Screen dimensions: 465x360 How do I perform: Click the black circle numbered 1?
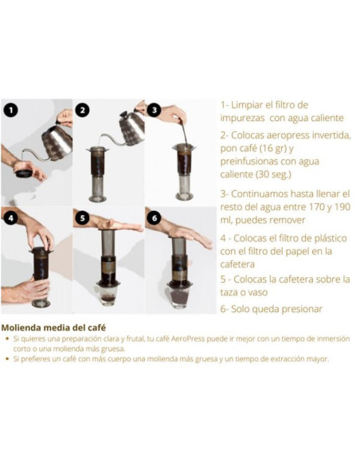(10, 110)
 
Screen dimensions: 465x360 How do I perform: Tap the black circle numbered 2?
(83, 110)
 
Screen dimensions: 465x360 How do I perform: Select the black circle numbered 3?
(155, 110)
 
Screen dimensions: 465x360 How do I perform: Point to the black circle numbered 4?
(10, 217)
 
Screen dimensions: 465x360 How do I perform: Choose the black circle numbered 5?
(83, 217)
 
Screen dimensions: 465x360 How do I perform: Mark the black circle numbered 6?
(155, 217)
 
